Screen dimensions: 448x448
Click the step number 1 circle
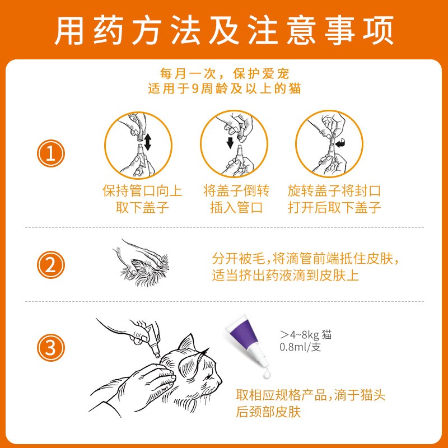pos(51,153)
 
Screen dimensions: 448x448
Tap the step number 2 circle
pos(51,265)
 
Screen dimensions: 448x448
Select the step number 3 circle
pos(51,348)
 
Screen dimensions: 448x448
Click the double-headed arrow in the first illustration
pos(147,142)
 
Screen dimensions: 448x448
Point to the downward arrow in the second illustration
pos(230,143)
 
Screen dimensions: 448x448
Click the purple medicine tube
pos(247,340)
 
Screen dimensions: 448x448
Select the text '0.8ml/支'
pos(300,347)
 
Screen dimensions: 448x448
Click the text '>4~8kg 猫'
pos(306,334)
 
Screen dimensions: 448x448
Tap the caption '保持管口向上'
pos(142,191)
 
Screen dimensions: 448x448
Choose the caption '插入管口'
pos(236,207)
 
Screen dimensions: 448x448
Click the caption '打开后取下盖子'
pos(334,207)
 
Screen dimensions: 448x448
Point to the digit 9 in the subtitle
pos(195,88)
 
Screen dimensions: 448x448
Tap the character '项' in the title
pos(378,30)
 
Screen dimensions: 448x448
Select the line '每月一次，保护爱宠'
pos(225,74)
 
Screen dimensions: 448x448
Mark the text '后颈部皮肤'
pos(268,412)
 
